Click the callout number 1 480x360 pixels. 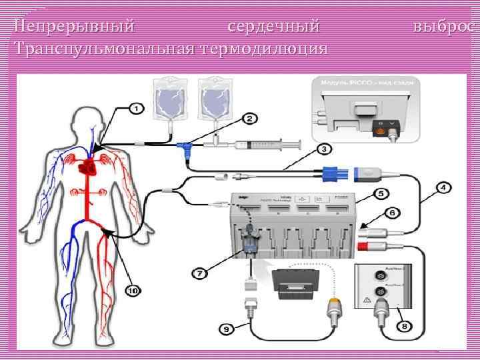pyautogui.click(x=135, y=107)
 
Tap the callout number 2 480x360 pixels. pyautogui.click(x=249, y=119)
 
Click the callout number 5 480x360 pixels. pyautogui.click(x=380, y=194)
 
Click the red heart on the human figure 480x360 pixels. pyautogui.click(x=86, y=168)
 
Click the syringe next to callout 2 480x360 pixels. pyautogui.click(x=263, y=144)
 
